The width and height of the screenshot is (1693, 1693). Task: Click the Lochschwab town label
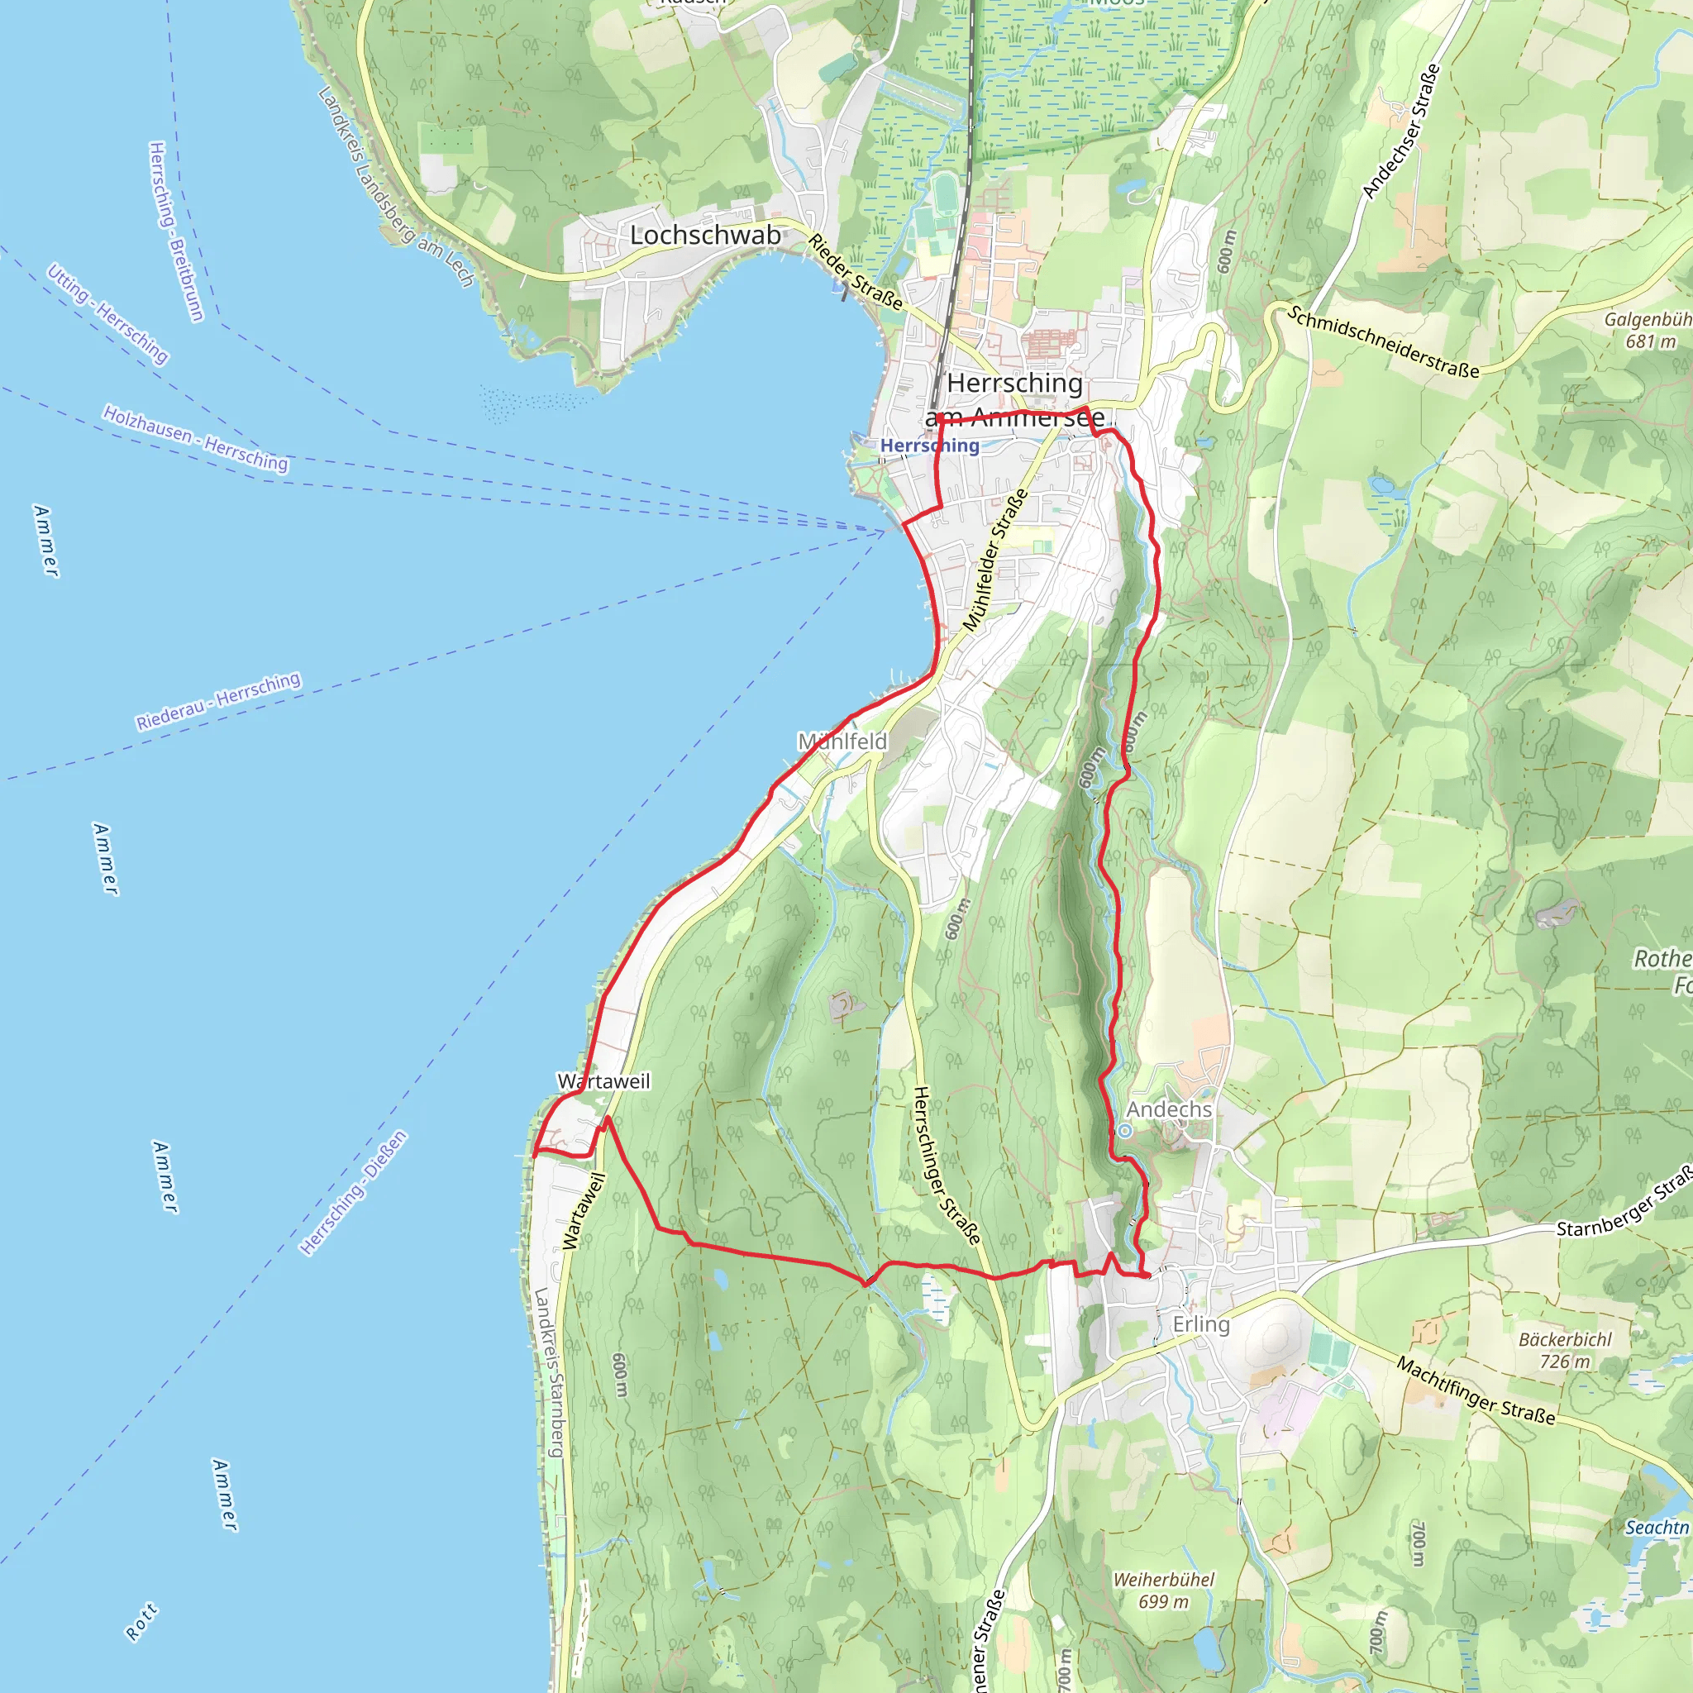705,235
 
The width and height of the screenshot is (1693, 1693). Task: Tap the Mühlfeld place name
842,742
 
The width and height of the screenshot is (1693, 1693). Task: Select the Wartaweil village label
604,1081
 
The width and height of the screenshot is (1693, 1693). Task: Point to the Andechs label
1169,1109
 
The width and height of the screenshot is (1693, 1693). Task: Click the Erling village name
1201,1324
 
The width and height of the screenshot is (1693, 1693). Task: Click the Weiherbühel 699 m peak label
1164,1590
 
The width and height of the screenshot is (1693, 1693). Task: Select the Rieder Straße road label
856,272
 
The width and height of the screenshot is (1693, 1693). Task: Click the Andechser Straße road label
1400,131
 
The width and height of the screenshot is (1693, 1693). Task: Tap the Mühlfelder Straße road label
995,560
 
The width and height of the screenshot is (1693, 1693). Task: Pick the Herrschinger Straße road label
947,1166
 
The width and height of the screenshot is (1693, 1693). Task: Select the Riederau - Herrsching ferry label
218,700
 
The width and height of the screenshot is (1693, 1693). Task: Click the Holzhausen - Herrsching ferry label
195,437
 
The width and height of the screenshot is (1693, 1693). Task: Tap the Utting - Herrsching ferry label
107,312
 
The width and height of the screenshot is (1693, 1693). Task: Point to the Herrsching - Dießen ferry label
353,1193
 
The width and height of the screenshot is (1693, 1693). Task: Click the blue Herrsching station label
930,446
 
